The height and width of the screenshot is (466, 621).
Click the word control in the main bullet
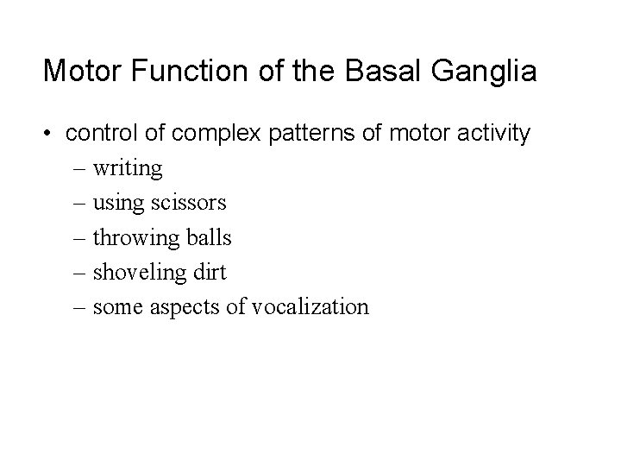[x=100, y=134]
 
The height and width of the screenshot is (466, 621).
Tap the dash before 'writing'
[x=79, y=169]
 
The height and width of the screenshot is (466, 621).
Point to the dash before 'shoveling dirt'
[x=79, y=273]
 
